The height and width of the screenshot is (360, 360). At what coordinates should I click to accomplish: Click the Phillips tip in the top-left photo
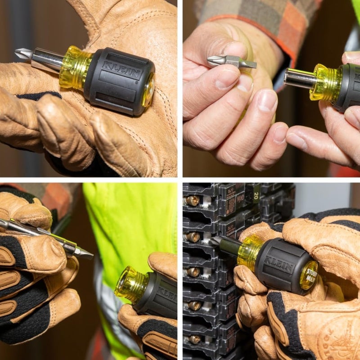[x=22, y=54]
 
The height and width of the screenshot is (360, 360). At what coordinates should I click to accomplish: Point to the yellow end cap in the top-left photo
[x=148, y=90]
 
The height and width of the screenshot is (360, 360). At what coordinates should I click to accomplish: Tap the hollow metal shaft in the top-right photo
[x=299, y=78]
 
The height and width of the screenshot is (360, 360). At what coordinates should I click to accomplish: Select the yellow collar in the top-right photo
[x=325, y=82]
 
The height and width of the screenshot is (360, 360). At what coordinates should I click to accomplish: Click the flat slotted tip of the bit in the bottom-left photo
[x=85, y=254]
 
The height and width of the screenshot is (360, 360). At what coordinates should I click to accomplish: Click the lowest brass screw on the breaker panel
[x=194, y=339]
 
